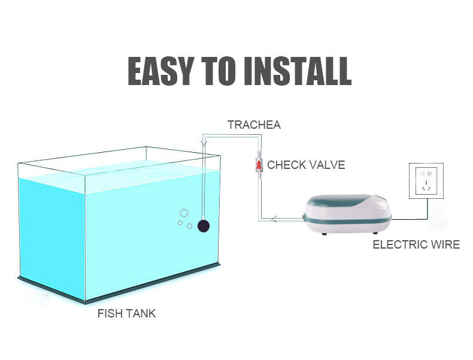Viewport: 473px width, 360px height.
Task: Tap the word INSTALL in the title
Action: click(298, 71)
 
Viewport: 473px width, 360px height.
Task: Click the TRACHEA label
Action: click(254, 125)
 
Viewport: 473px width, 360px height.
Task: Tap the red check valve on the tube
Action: click(259, 165)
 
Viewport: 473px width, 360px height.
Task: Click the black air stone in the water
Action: click(204, 226)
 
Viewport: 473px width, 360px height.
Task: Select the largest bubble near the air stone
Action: click(184, 213)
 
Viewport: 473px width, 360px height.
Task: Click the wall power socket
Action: click(426, 181)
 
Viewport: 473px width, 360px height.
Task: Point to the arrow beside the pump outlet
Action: click(274, 219)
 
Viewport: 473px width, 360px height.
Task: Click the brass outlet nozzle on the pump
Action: click(303, 216)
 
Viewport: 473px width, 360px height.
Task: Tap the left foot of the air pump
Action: click(325, 233)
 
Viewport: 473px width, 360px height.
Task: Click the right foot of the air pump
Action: click(375, 232)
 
